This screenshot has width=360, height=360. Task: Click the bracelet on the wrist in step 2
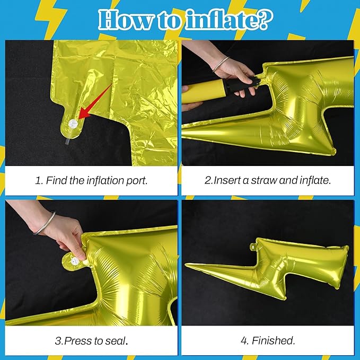pos(220,64)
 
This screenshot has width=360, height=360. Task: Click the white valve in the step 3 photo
pos(75,260)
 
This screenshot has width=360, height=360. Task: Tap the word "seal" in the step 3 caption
pos(116,341)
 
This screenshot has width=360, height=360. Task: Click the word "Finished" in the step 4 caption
pos(273,340)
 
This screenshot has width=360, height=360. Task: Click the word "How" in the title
pos(126,20)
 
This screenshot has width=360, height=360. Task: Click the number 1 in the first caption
pos(38,180)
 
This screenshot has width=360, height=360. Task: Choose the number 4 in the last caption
pos(244,340)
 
